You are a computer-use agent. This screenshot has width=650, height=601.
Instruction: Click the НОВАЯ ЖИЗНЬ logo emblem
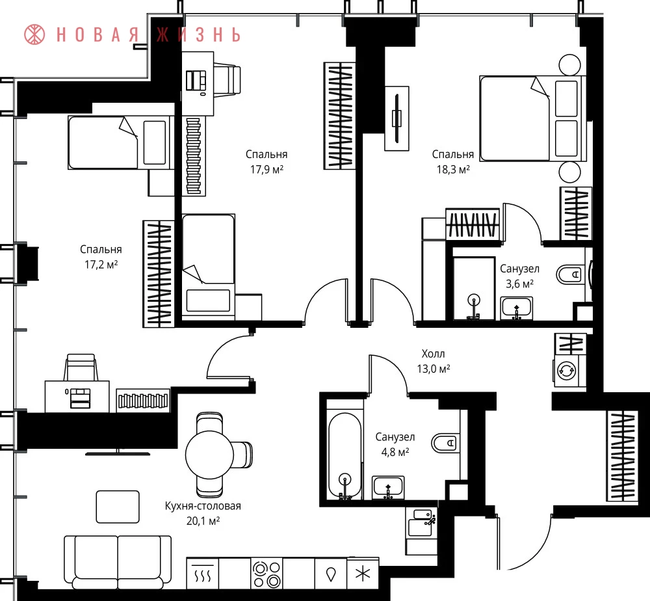point(34,34)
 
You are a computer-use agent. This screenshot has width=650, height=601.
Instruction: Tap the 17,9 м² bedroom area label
point(266,162)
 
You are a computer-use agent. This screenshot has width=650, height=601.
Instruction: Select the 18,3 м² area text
point(453,169)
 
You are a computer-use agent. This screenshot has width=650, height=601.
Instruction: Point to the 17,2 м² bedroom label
point(101,257)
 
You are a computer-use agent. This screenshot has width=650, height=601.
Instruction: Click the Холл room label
point(433,354)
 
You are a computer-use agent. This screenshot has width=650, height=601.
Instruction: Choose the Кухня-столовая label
point(203,506)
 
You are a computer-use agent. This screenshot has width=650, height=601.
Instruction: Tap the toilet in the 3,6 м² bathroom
point(569,274)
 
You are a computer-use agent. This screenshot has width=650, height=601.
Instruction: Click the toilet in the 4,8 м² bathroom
point(444,443)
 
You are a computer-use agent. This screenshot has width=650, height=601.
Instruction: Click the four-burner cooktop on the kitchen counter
point(266,574)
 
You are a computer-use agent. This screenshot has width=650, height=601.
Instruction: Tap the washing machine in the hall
point(566,370)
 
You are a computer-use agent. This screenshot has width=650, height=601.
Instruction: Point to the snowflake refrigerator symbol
point(363,574)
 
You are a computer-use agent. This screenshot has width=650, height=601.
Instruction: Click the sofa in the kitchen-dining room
point(118,563)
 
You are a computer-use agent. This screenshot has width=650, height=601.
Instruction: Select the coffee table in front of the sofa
point(118,507)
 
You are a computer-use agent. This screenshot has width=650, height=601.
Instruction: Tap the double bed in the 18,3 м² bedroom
point(533,118)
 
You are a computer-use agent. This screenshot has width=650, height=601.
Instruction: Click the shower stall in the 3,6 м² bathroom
point(474,289)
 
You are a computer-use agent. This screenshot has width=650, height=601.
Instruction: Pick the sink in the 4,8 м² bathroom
point(388,487)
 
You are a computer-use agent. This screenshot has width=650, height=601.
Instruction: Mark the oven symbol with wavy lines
point(203,574)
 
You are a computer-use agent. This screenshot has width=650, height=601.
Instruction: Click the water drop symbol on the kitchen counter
point(330,574)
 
